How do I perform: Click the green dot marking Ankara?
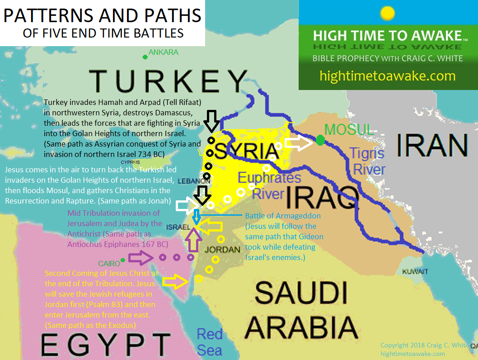(x=145, y=57)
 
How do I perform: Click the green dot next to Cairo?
(x=122, y=260)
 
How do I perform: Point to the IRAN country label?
(x=432, y=146)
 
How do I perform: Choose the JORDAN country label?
(x=222, y=249)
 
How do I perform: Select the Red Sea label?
(x=210, y=342)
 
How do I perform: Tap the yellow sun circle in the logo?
(x=388, y=14)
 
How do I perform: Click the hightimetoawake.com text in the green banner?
(x=387, y=76)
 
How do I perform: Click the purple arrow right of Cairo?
(x=140, y=258)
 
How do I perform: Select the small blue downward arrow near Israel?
(x=196, y=216)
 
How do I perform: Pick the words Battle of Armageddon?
(x=282, y=216)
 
